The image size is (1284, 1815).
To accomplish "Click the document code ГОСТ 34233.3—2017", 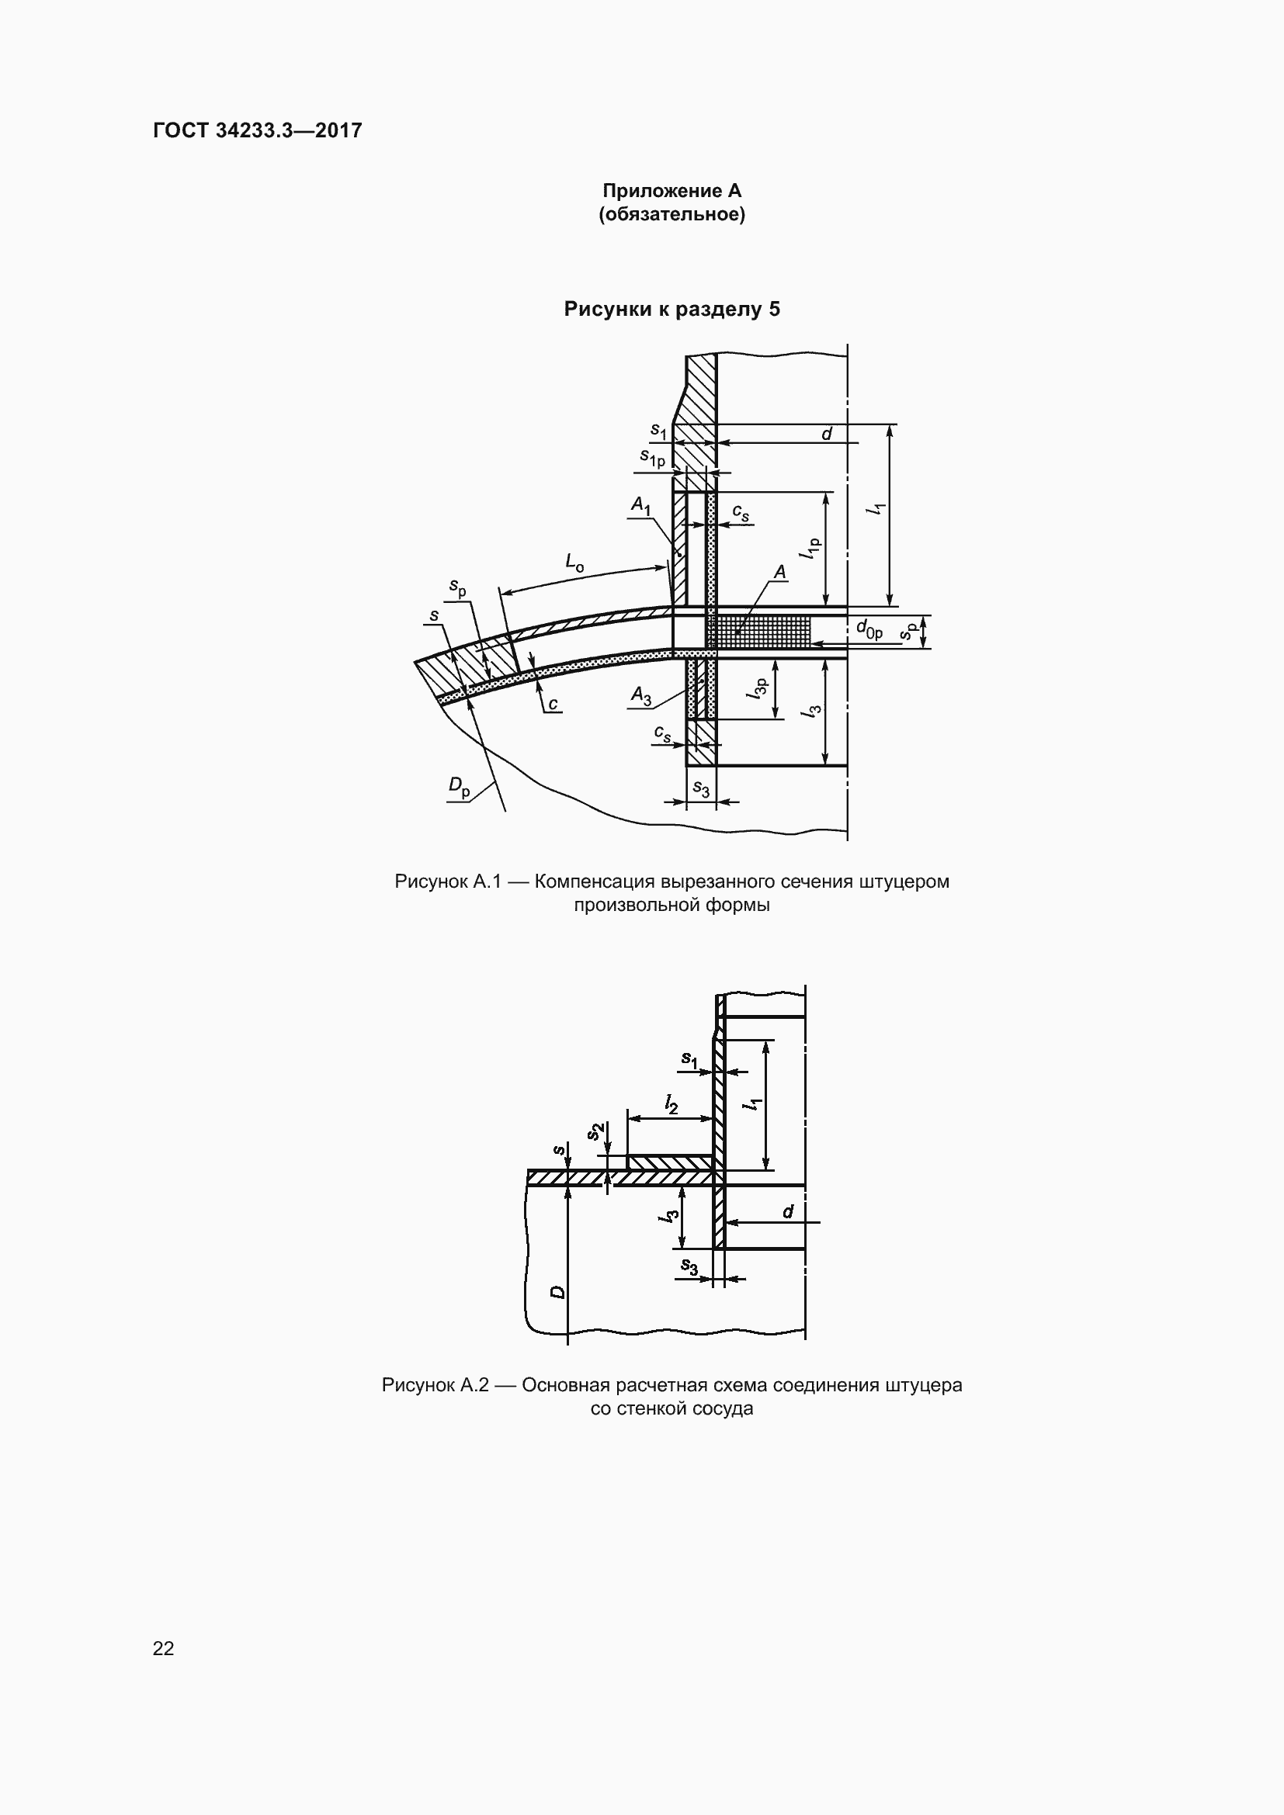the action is pos(258,130).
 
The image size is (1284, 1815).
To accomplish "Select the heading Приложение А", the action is pos(672,191).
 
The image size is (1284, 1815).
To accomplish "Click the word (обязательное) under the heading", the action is pos(672,214).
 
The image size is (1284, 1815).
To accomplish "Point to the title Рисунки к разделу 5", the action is pos(672,309).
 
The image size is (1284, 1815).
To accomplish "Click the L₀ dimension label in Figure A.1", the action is pos(574,562).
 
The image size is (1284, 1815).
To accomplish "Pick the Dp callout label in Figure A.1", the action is pos(460,786).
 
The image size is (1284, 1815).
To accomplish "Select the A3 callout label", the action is pos(641,695).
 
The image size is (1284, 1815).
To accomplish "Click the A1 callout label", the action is pos(640,505).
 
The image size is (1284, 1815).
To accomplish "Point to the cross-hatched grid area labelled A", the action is pos(758,632).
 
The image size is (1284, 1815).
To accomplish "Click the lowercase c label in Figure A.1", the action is pos(553,703).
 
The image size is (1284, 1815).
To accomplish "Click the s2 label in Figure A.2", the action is pos(596,1131).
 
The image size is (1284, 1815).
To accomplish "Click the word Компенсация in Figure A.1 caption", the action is pos(595,882).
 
